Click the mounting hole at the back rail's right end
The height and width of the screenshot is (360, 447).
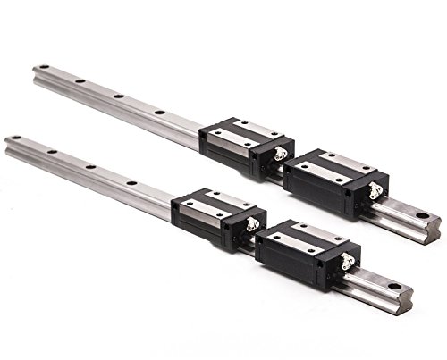coord(421,213)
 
